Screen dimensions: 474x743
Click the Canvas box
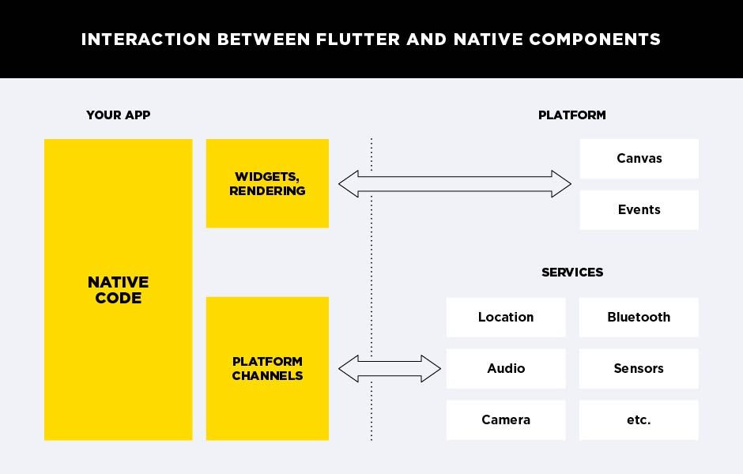639,159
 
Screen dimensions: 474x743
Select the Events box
639,210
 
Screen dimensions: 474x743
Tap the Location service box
506,318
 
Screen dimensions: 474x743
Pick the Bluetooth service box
639,318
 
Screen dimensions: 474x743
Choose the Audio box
506,369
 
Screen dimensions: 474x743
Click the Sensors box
639,369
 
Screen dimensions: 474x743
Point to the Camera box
506,420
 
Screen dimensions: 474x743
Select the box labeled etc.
639,420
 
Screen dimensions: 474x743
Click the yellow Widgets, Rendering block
267,183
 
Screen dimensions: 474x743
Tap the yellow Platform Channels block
267,368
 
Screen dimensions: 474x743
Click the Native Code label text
118,290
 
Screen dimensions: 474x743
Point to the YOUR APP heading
118,115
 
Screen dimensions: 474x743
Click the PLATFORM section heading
571,115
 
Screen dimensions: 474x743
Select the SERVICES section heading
571,273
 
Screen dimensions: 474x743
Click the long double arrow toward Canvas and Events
454,184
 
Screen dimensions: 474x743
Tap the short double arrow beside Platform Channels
390,369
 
